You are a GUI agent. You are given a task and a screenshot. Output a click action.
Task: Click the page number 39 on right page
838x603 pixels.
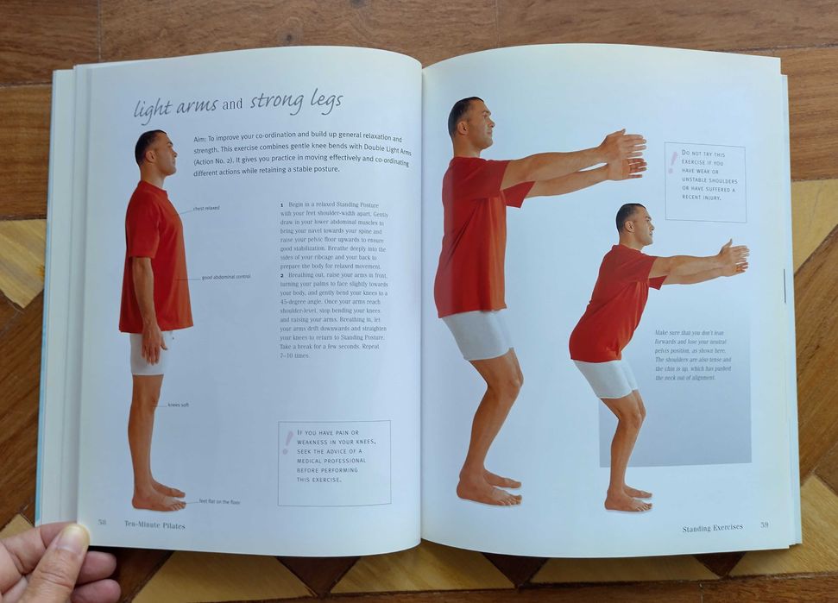click(764, 525)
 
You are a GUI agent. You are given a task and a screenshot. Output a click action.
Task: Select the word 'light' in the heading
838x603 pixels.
click(151, 110)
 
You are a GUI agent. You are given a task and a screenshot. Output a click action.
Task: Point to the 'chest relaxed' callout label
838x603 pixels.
click(205, 208)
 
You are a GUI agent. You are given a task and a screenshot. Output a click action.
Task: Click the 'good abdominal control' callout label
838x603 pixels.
click(226, 277)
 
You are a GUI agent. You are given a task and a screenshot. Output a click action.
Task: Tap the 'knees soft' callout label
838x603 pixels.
click(178, 405)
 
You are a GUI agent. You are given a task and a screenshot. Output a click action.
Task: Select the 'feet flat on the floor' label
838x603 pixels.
click(219, 501)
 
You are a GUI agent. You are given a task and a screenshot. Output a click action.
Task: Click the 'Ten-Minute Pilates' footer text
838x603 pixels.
click(154, 524)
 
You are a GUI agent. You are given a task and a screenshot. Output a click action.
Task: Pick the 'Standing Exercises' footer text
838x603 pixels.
click(712, 527)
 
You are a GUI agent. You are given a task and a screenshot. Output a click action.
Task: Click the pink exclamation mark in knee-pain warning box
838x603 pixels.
click(287, 441)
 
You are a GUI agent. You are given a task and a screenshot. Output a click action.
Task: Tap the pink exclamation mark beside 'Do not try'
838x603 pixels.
click(672, 161)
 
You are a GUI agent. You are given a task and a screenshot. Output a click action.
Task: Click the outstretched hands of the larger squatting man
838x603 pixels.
click(623, 155)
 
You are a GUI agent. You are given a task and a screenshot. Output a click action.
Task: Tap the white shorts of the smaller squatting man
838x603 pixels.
click(605, 377)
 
